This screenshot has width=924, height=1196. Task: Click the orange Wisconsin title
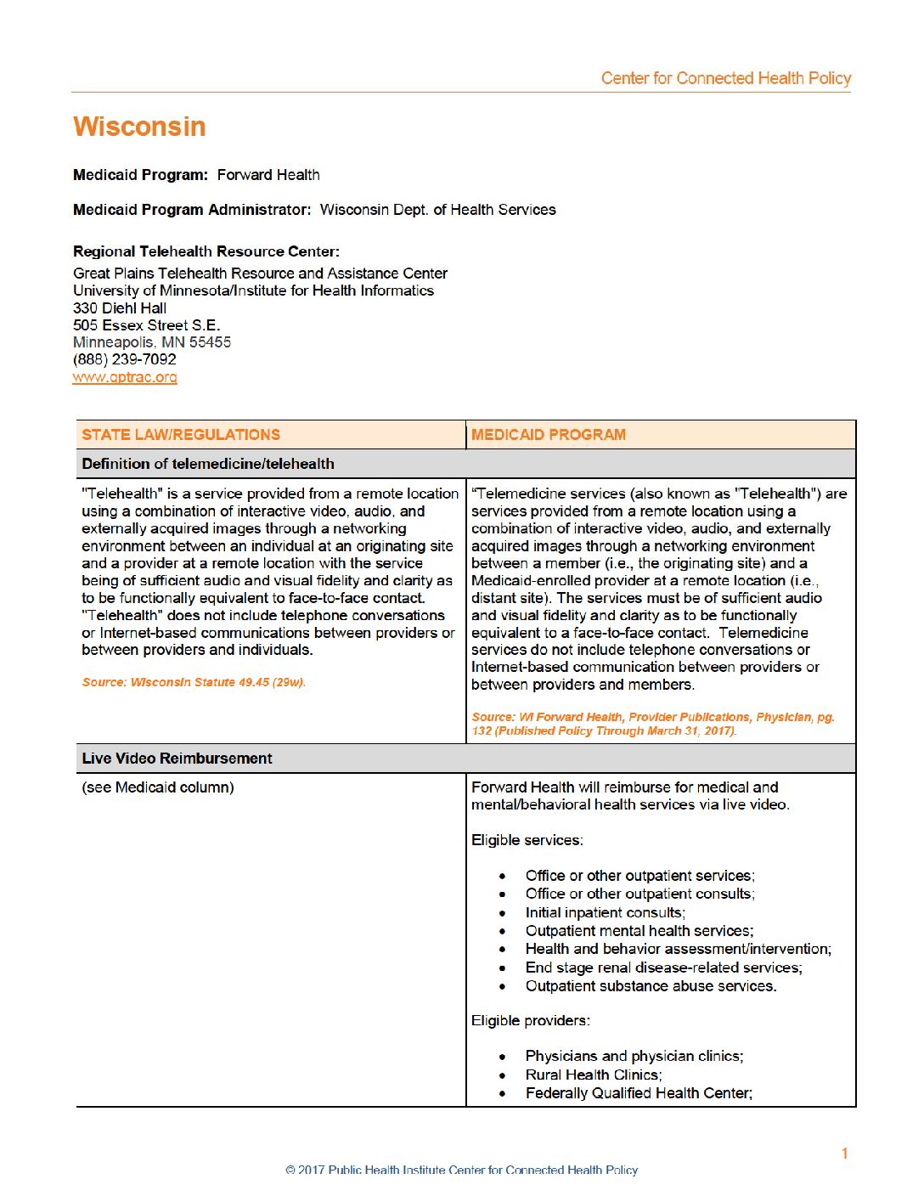point(139,127)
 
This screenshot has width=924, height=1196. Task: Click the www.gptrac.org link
point(125,377)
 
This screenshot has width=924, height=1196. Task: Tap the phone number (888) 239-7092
point(125,359)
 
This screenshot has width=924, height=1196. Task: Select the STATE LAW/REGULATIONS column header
point(181,435)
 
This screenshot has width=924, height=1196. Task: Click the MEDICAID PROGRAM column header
point(549,435)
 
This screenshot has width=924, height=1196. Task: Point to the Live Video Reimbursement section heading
point(177,759)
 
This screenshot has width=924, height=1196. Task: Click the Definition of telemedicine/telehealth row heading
point(208,464)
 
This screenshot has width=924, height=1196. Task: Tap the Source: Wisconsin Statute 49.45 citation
point(194,682)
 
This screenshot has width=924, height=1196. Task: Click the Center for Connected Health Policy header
point(725,78)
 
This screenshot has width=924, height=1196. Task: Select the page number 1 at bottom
point(844,1153)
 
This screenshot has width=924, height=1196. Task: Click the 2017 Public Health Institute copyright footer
point(462,1170)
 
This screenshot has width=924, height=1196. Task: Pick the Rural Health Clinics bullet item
point(594,1075)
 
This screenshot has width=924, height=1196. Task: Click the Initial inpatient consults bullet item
point(605,912)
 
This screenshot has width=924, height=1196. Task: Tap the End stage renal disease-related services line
point(663,968)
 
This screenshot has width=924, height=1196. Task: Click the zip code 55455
point(210,342)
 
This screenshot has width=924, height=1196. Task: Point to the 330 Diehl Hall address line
point(120,308)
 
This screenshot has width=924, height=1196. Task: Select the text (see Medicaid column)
point(158,787)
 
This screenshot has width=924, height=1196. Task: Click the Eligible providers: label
point(531,1020)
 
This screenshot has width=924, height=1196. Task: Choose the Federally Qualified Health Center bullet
point(639,1093)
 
